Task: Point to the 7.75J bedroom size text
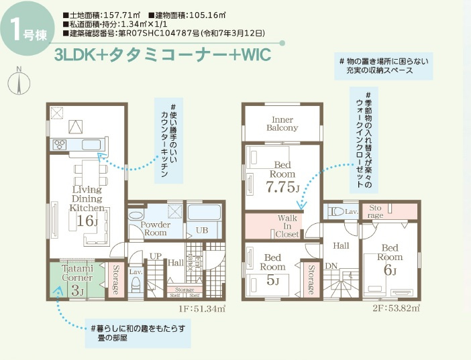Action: (x=282, y=187)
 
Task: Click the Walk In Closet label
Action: (x=287, y=227)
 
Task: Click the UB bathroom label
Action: (x=201, y=230)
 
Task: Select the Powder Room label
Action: (x=156, y=229)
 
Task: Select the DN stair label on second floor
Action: (x=330, y=267)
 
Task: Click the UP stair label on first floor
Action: (x=155, y=256)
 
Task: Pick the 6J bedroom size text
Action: (x=390, y=271)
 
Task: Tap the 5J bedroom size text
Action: (x=272, y=280)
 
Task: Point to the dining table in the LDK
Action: (x=87, y=174)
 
